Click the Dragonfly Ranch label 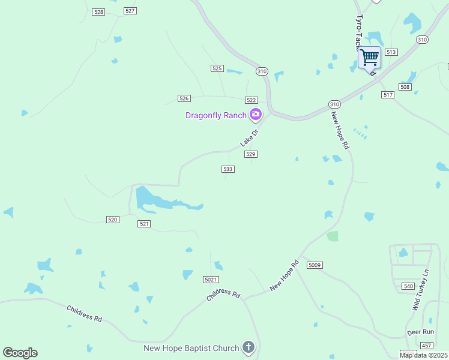216,115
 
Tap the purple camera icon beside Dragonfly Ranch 256,115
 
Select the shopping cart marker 370,58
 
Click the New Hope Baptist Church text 191,348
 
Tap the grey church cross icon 249,347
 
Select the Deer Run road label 420,332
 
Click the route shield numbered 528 99,12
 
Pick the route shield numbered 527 130,11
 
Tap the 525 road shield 217,68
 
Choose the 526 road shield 184,98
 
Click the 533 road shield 228,169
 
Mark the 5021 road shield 210,280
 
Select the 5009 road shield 315,265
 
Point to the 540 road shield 408,286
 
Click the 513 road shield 391,52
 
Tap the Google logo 20,353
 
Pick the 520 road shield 112,220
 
